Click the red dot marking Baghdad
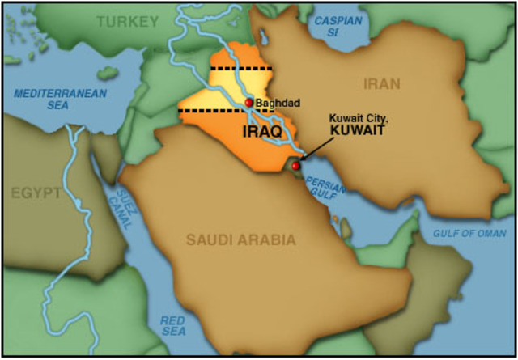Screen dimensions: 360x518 (248, 103)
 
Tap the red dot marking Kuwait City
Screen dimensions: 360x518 (295, 166)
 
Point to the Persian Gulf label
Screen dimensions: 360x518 (329, 188)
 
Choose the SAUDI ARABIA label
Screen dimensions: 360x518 (240, 239)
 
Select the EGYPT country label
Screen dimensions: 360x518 (37, 193)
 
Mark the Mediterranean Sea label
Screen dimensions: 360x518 (60, 99)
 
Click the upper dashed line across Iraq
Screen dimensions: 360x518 (240, 70)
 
